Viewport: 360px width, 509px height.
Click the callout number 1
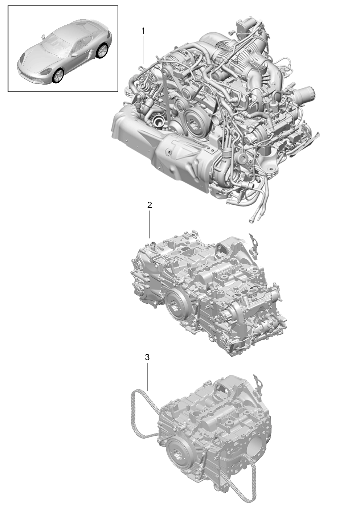(143, 31)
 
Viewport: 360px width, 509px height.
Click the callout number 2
(149, 205)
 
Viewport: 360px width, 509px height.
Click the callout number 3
(147, 357)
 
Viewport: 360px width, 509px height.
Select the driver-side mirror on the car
(74, 55)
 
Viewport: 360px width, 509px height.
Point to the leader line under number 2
(150, 224)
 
